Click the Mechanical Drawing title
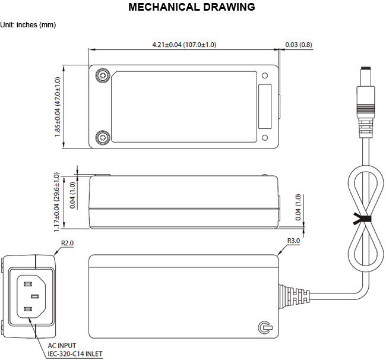(x=192, y=7)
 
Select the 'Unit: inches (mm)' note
(x=28, y=25)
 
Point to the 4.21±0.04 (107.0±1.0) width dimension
(x=184, y=45)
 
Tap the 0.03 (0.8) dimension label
(x=299, y=45)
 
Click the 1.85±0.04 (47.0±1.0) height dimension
(x=58, y=107)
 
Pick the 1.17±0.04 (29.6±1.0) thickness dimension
(x=56, y=202)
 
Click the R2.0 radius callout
(x=67, y=243)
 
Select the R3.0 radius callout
(x=293, y=241)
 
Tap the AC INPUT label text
(x=62, y=346)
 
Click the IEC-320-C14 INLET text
(x=75, y=354)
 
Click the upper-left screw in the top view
(x=103, y=75)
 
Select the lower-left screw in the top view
(x=103, y=138)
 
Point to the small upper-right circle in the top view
(x=265, y=75)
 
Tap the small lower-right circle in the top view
(x=265, y=138)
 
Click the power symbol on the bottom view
(x=265, y=327)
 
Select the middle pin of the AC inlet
(x=35, y=296)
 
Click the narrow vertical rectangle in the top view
(x=265, y=106)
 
